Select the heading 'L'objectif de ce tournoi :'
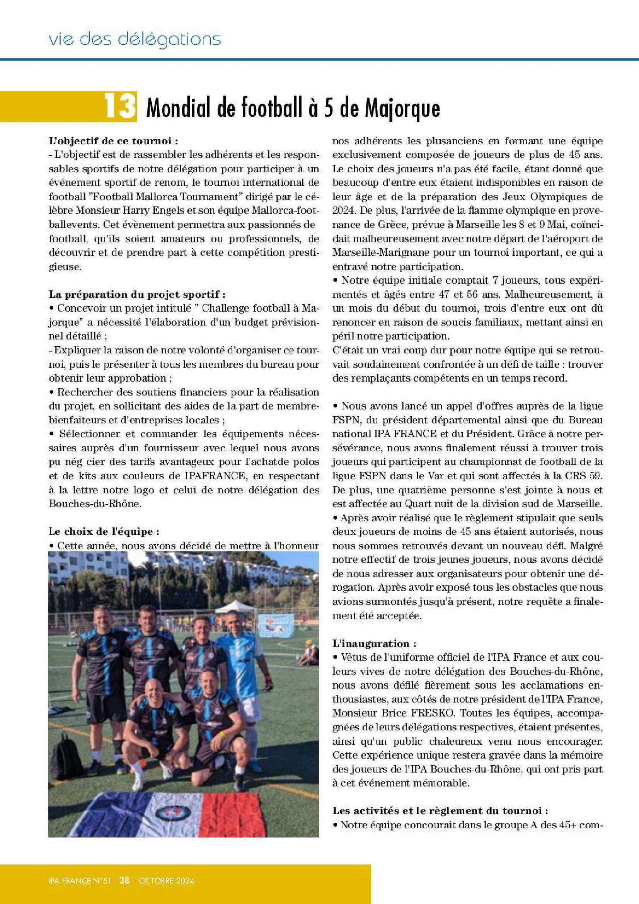(113, 141)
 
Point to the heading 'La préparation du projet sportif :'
(137, 294)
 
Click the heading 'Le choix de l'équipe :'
(104, 532)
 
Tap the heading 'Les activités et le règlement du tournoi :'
(440, 811)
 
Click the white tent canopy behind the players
(235, 607)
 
